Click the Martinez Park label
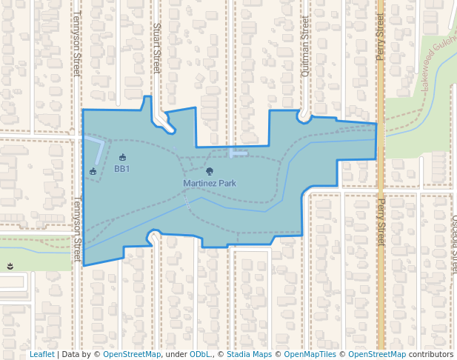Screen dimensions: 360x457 (210, 183)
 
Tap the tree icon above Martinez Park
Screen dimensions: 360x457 (210, 172)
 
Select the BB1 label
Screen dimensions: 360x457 (122, 169)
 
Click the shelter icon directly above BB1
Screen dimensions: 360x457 (122, 157)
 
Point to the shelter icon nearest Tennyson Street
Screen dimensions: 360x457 (93, 172)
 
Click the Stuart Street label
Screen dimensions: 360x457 (156, 47)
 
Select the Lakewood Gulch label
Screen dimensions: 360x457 (438, 64)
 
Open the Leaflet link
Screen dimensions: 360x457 (41, 355)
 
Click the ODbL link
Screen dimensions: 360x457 (201, 355)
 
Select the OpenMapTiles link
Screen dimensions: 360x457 (311, 355)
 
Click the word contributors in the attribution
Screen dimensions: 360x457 (430, 355)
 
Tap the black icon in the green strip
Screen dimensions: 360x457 (10, 266)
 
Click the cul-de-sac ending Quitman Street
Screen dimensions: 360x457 (304, 115)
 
